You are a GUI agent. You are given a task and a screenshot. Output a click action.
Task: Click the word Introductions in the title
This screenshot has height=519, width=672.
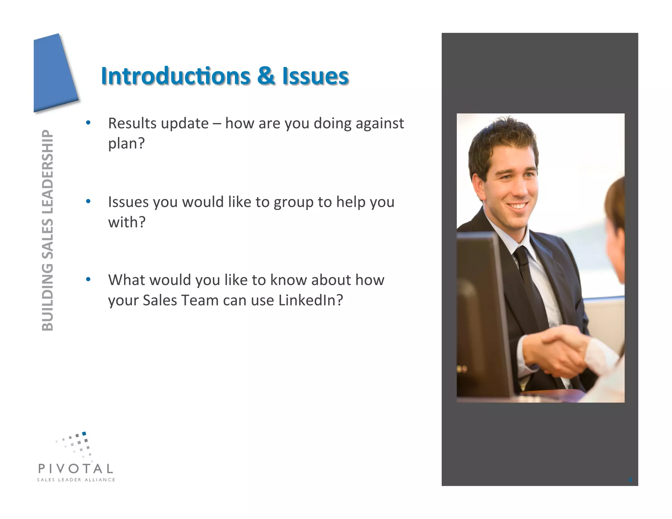(176, 76)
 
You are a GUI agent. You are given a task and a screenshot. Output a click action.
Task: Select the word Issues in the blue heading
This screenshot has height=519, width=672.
(315, 76)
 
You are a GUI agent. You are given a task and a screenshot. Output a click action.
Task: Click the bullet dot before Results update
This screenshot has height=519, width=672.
(88, 123)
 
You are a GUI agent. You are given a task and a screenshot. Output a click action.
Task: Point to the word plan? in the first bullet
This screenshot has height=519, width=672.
(126, 143)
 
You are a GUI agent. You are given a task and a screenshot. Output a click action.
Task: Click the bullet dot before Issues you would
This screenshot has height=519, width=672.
(88, 201)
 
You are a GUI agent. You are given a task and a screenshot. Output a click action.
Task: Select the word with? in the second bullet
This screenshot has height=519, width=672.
(127, 222)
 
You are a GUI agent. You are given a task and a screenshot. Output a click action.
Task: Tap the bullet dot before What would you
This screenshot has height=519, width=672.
(88, 280)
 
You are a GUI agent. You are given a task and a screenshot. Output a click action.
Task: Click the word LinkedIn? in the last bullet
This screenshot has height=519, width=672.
(310, 300)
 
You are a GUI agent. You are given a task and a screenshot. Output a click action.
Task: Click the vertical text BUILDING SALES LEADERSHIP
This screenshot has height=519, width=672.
(48, 230)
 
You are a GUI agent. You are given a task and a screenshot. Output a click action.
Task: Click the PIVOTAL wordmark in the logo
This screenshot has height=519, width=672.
(76, 468)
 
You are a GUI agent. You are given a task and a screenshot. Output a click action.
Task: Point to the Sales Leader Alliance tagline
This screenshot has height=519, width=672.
(76, 480)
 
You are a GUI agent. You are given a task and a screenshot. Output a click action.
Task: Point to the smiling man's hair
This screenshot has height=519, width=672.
(502, 138)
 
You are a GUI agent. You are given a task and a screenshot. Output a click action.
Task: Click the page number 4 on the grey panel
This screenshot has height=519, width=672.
(630, 480)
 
